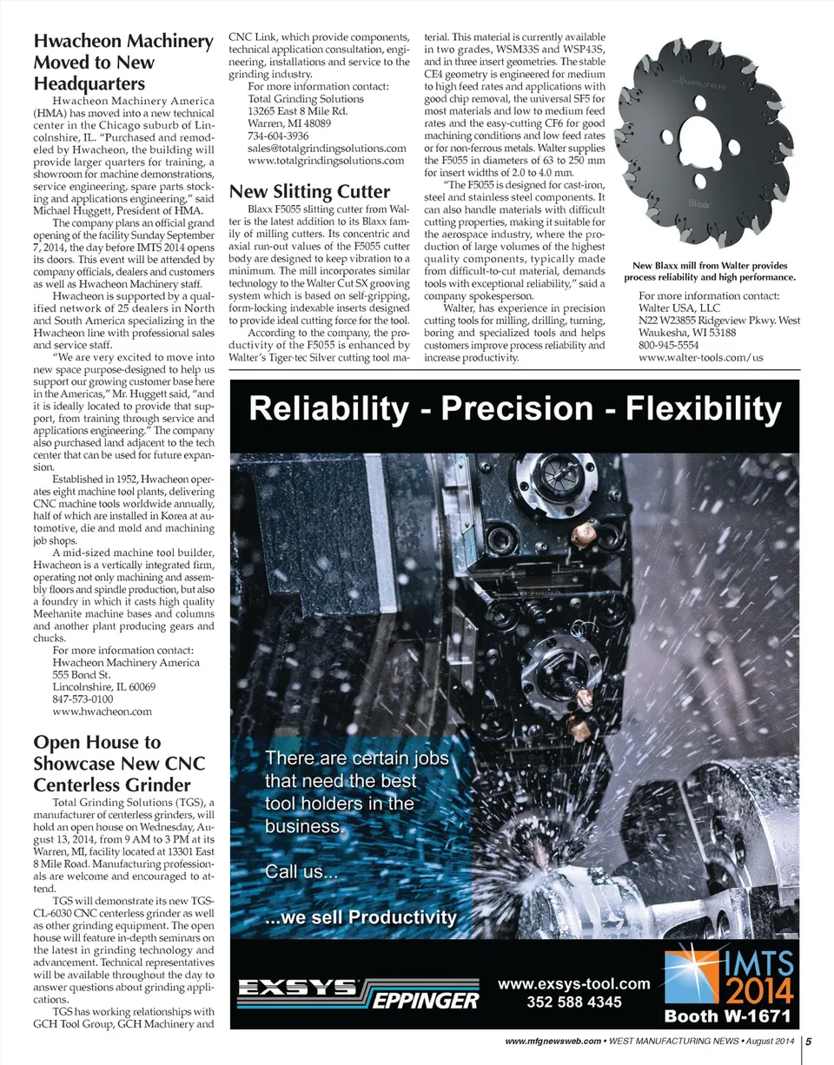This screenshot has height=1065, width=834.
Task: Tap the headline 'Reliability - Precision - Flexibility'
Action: coord(515,409)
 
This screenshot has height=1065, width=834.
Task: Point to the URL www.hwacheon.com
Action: coord(103,711)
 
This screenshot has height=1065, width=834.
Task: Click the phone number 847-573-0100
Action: coord(83,698)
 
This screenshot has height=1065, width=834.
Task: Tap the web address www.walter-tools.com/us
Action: coord(700,357)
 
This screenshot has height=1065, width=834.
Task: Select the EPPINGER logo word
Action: coord(427,1002)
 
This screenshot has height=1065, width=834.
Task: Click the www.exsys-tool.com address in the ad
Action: coord(574,983)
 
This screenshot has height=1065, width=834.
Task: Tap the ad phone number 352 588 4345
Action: coord(574,1002)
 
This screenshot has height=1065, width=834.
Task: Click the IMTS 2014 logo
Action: coord(728,976)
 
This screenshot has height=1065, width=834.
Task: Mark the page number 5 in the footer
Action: coord(808,1041)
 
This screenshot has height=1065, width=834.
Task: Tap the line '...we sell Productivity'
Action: coord(361,917)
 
